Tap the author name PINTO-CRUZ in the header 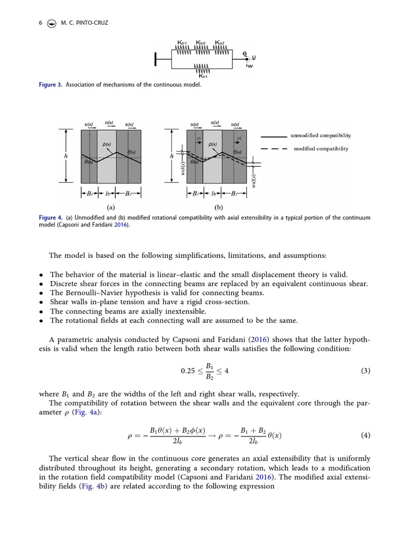91,23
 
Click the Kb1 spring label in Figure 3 182,42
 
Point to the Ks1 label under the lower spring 203,77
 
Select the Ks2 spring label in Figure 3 220,42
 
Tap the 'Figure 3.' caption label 50,85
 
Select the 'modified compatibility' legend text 321,149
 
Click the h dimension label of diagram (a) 66,155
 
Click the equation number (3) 365,370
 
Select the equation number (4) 365,435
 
